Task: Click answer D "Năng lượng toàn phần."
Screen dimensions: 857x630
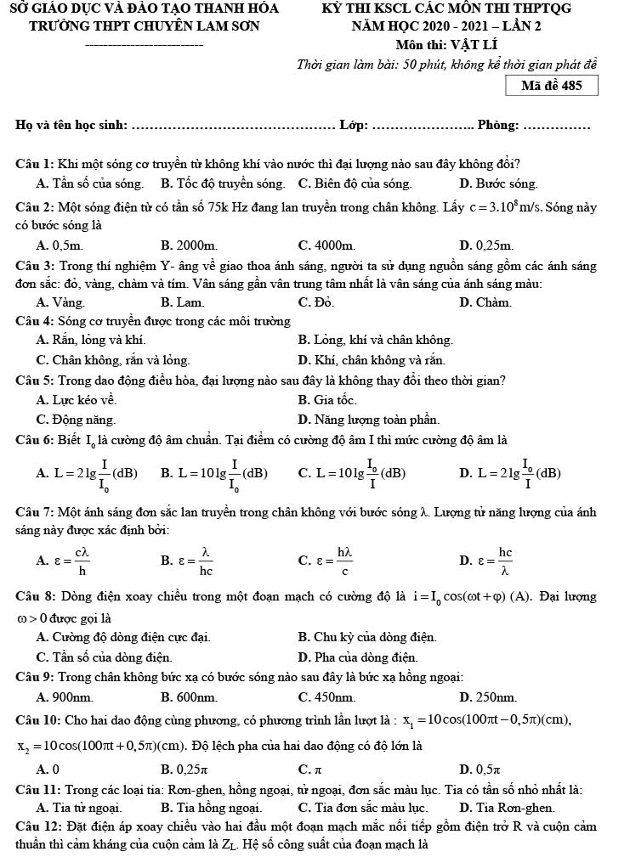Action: [369, 419]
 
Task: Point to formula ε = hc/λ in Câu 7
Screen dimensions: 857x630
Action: [486, 559]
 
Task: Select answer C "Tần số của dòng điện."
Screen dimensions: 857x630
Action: [105, 657]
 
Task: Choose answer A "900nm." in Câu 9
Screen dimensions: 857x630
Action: [65, 697]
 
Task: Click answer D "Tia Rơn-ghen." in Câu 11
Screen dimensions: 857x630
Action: [507, 807]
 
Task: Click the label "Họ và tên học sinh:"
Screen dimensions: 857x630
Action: [71, 126]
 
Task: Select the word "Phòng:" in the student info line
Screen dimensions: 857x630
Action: [498, 126]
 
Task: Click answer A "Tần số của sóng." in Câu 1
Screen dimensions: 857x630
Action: [90, 183]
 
